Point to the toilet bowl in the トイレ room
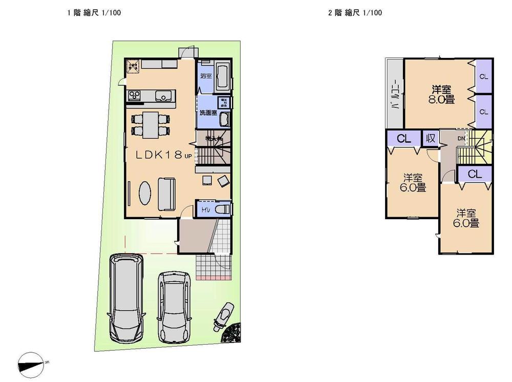222,209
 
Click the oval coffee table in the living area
145,194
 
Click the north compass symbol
31,365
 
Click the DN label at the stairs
461,138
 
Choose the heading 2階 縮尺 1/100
355,13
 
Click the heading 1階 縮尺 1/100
94,13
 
